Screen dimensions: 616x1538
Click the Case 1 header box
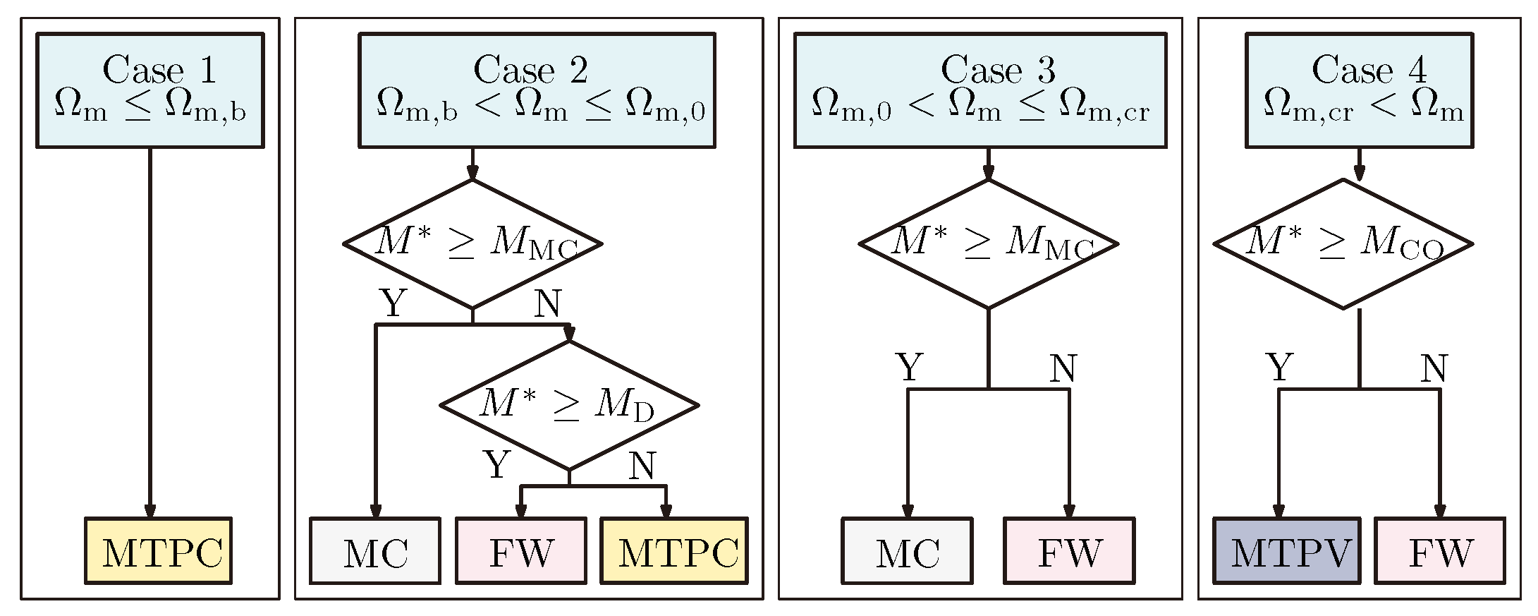tap(149, 90)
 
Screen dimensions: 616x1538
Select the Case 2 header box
tap(537, 90)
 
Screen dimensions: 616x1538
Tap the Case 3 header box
tap(980, 90)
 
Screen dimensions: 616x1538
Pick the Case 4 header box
tap(1359, 90)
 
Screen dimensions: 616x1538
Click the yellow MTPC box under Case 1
tap(158, 551)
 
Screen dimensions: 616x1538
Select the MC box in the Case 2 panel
tap(375, 551)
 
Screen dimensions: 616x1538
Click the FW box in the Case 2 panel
tap(521, 551)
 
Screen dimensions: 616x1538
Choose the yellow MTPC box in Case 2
tap(674, 551)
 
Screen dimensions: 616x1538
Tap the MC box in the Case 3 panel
tap(908, 551)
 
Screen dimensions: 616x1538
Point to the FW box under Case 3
tap(1069, 551)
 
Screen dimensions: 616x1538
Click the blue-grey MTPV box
tap(1287, 551)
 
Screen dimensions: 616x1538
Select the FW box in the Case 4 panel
tap(1440, 551)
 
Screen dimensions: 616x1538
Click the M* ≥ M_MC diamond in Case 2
tap(472, 243)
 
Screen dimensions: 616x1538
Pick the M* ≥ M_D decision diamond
tap(569, 405)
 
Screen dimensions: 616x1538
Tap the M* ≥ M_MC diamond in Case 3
tap(988, 243)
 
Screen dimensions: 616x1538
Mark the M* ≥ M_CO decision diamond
tap(1343, 243)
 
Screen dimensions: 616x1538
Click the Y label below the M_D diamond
tap(497, 464)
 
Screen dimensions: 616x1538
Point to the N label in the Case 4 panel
tap(1434, 368)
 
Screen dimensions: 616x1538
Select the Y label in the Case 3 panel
tap(909, 367)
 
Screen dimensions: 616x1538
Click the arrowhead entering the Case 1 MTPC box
tap(149, 510)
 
